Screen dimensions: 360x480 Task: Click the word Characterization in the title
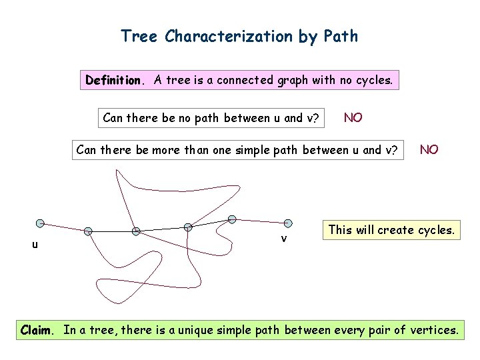point(229,36)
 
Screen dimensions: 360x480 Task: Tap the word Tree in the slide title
point(139,36)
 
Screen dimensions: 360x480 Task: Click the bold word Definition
point(113,81)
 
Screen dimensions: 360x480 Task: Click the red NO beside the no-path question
point(353,118)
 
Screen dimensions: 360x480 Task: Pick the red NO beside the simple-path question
point(429,149)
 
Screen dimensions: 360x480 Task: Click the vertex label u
point(35,245)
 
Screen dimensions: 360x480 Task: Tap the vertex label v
point(284,238)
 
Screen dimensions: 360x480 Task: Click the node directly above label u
point(40,223)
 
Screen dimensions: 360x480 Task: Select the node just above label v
point(288,223)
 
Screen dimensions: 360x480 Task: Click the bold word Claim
point(39,329)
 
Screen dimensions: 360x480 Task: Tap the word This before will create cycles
point(341,230)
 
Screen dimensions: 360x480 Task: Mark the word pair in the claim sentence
point(382,329)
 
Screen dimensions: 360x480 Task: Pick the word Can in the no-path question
point(113,119)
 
